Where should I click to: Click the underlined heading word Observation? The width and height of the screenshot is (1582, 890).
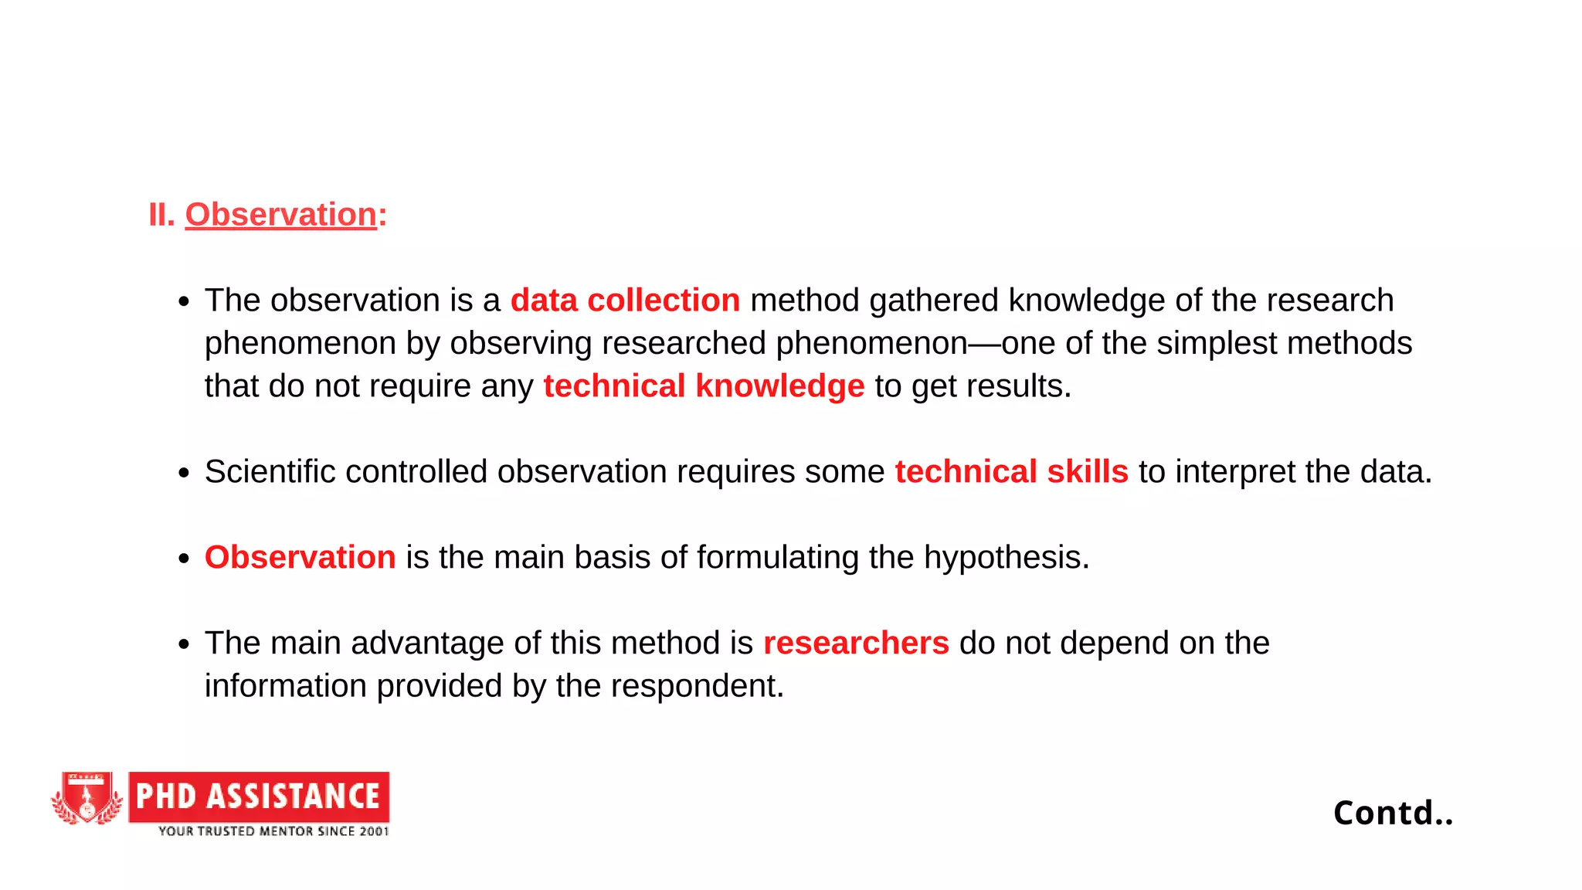[280, 215]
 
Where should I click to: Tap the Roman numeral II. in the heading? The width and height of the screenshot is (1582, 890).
[161, 215]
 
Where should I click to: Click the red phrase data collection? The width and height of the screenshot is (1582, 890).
[625, 301]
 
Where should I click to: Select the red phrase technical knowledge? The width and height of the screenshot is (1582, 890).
[704, 386]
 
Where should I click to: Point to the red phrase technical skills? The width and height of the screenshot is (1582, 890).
[1011, 472]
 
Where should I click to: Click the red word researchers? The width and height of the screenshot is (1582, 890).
[856, 644]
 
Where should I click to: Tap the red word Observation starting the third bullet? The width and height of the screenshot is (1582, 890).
[300, 558]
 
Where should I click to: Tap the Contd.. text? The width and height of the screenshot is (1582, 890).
[1393, 813]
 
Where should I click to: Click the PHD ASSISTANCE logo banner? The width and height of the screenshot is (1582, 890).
[259, 797]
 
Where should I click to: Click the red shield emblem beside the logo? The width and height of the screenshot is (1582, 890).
[87, 798]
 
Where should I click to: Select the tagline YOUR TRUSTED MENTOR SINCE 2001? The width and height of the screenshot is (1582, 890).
[273, 831]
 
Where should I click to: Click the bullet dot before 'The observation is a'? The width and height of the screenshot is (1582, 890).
[183, 301]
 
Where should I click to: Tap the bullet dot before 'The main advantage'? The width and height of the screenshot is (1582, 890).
[183, 644]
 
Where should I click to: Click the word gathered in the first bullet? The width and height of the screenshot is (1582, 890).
[933, 301]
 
